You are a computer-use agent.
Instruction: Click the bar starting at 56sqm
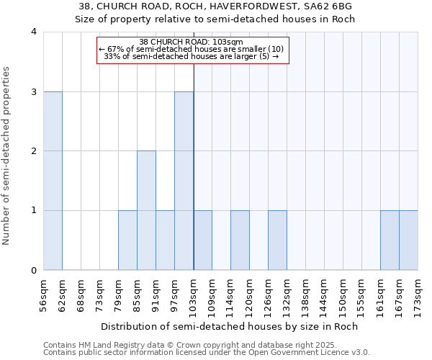(x=53, y=181)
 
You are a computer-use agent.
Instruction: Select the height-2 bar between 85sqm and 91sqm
(x=146, y=210)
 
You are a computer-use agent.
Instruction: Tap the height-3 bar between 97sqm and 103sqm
(x=184, y=181)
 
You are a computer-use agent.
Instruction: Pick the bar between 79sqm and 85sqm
(x=127, y=240)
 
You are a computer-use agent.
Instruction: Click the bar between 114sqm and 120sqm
(x=240, y=240)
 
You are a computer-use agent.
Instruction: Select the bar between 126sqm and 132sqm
(x=277, y=240)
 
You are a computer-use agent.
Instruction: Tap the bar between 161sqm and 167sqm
(x=390, y=240)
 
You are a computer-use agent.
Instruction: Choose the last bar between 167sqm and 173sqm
(x=408, y=240)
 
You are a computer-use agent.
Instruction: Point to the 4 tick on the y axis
(x=34, y=32)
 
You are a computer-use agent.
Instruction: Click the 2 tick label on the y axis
(x=34, y=151)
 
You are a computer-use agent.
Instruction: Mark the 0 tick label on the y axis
(x=34, y=271)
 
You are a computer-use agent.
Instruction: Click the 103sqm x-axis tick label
(x=194, y=294)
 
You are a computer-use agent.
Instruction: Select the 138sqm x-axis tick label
(x=306, y=294)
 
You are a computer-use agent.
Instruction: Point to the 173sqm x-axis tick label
(x=418, y=294)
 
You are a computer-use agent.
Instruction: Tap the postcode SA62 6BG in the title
(x=330, y=6)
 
